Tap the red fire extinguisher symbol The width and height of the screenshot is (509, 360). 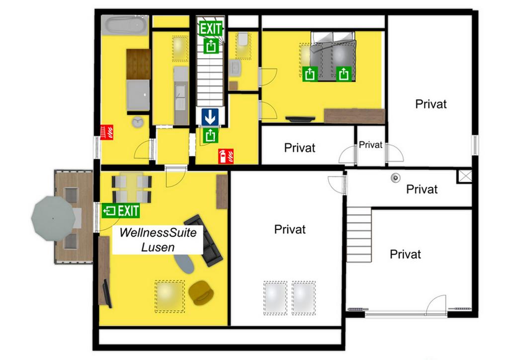click(226, 156)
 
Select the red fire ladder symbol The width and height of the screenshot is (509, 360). click(107, 132)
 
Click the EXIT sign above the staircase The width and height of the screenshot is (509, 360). click(211, 28)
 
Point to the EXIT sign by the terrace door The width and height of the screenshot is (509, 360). click(121, 211)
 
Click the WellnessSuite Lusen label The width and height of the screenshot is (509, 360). click(158, 240)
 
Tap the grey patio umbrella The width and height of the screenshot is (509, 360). click(53, 218)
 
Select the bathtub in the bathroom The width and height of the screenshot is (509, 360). click(125, 25)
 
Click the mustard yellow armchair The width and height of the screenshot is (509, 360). click(201, 293)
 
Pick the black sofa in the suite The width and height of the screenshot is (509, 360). click(203, 240)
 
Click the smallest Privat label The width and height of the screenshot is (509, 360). click(370, 145)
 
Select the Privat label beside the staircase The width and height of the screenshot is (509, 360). click(405, 254)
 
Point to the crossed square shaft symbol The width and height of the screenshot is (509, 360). click(464, 176)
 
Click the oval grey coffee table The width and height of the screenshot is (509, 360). click(184, 264)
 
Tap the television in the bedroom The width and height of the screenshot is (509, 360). click(300, 119)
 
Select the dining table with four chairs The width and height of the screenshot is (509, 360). click(131, 188)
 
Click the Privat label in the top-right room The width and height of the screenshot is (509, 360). click(431, 104)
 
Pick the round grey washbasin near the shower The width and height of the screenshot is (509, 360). click(138, 122)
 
